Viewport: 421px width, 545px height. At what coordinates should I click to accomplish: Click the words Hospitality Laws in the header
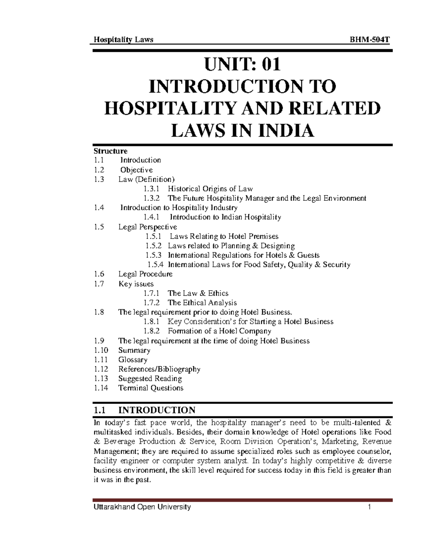click(x=123, y=40)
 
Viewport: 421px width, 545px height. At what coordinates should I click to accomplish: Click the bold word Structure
click(x=110, y=151)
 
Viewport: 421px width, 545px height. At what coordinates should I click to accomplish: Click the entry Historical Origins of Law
click(x=210, y=189)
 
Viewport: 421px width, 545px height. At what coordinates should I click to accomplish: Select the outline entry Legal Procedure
click(x=145, y=274)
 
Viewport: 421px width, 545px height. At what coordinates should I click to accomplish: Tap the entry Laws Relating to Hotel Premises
click(x=224, y=236)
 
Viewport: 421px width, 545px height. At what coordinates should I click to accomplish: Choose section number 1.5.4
click(x=155, y=265)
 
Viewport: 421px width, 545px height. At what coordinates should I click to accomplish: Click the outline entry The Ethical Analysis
click(x=202, y=303)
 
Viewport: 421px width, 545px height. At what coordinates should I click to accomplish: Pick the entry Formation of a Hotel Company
click(x=219, y=331)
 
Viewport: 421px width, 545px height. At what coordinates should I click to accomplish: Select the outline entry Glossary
click(x=133, y=360)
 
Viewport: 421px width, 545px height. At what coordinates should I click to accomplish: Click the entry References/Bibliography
click(x=159, y=369)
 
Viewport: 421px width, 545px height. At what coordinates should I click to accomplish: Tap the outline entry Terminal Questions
click(x=151, y=388)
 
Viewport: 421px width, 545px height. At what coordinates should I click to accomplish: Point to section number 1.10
click(x=101, y=350)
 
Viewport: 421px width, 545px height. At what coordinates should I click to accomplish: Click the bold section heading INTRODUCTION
click(x=157, y=410)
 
